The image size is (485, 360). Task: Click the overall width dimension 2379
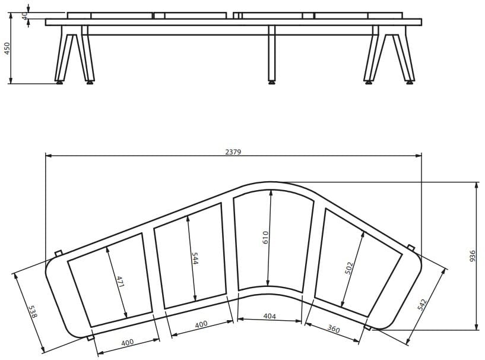click(233, 152)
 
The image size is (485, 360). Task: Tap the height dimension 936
click(473, 255)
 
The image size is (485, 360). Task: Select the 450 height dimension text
click(7, 48)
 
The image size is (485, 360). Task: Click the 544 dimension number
click(195, 259)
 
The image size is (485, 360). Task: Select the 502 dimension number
click(349, 268)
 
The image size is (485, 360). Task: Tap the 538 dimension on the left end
click(32, 312)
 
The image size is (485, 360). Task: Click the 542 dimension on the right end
click(422, 305)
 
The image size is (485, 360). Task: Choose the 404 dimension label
click(270, 317)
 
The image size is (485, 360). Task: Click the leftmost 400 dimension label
click(128, 342)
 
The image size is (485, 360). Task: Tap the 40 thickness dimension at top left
click(25, 16)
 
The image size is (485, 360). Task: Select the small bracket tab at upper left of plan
click(58, 254)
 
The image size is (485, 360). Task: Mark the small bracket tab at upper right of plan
click(411, 247)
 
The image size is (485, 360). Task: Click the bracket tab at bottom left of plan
click(90, 337)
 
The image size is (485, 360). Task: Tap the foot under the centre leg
click(272, 83)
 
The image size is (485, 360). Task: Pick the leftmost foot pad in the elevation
click(59, 83)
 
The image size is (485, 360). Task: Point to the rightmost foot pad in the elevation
click(410, 83)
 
